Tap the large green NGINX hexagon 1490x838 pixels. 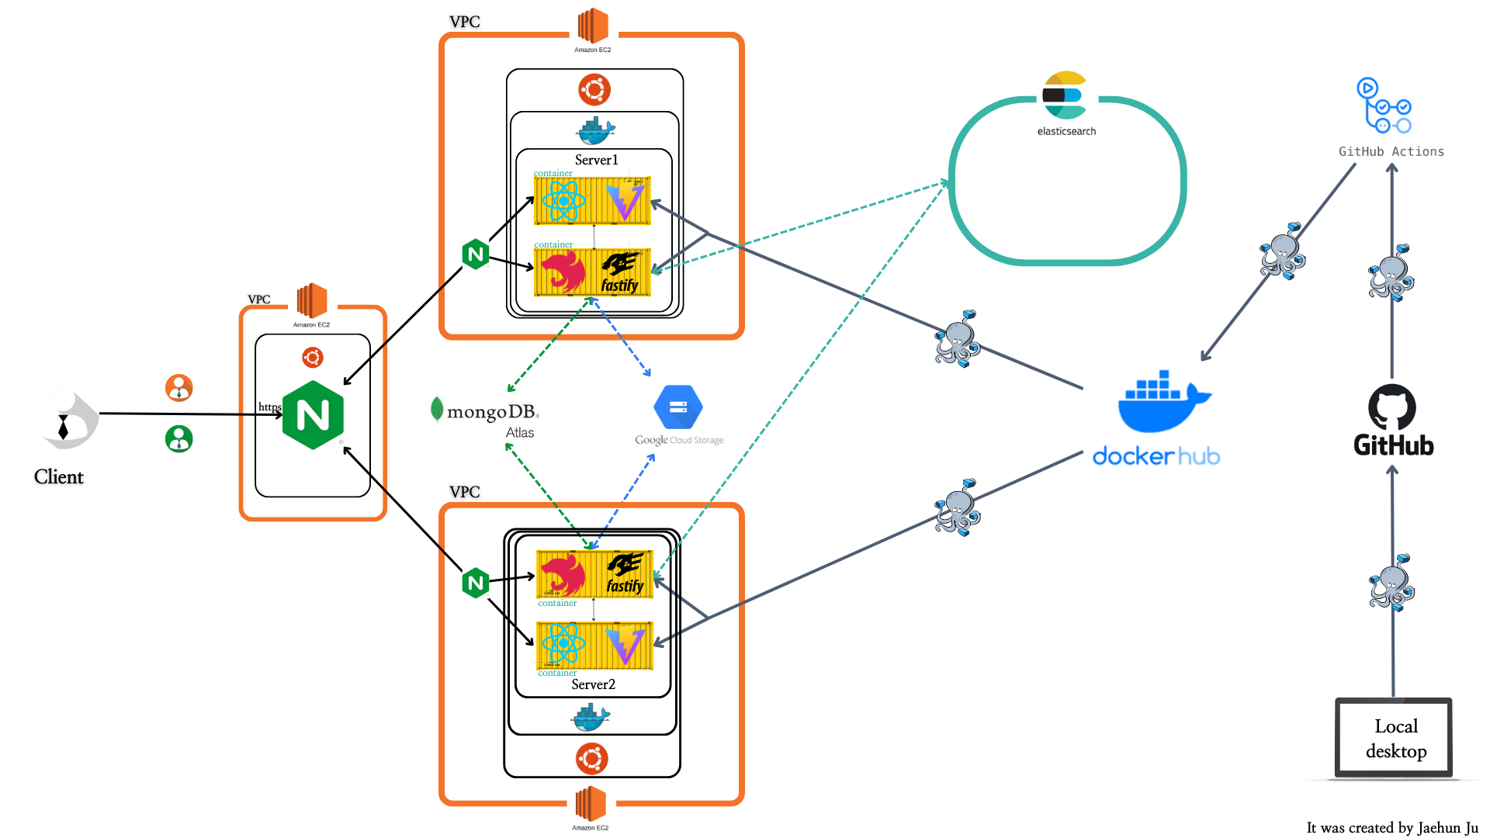(x=313, y=415)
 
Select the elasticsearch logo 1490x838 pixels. (x=1065, y=96)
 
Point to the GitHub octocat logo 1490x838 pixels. (x=1391, y=407)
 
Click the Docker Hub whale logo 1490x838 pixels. (x=1163, y=402)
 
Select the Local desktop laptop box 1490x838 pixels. (x=1394, y=738)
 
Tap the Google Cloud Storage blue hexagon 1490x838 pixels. (x=677, y=407)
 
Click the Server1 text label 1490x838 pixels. (x=596, y=160)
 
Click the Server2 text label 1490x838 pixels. (x=593, y=684)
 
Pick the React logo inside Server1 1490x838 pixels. (x=563, y=200)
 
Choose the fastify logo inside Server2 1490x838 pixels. (x=625, y=575)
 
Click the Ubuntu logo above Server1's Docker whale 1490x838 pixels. (x=594, y=89)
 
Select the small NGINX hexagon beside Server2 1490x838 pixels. (x=475, y=583)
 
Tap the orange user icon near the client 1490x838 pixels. (x=178, y=387)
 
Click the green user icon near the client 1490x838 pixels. (x=178, y=439)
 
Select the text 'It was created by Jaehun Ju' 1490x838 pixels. (x=1391, y=828)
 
